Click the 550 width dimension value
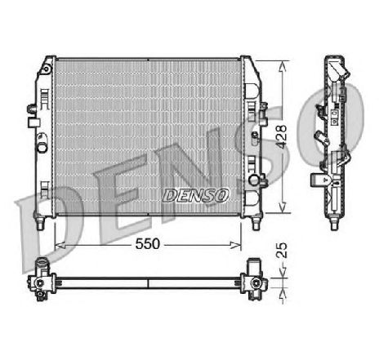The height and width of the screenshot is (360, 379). point(147,244)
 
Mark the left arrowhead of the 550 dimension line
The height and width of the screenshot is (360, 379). point(56,245)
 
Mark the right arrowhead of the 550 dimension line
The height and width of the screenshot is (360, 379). point(240,245)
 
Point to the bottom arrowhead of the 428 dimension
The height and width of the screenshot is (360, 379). point(283,208)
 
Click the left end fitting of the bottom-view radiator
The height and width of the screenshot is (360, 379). point(40,278)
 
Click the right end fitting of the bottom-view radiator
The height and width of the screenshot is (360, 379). point(256,278)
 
